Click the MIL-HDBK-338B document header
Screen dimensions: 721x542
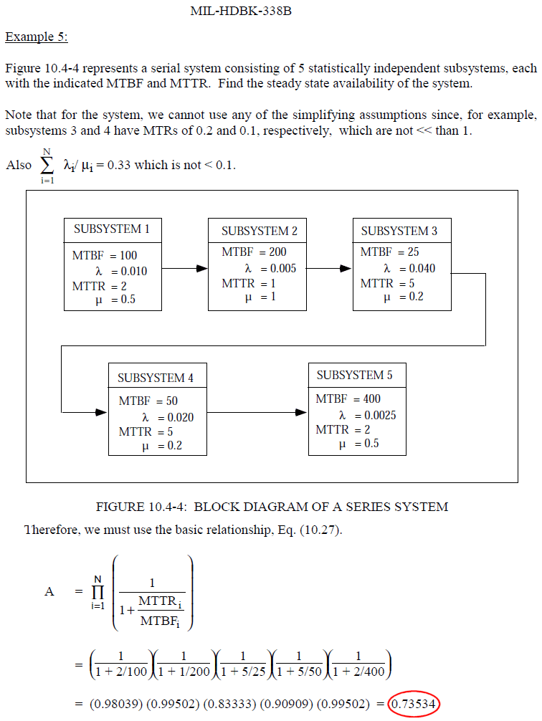pyautogui.click(x=241, y=11)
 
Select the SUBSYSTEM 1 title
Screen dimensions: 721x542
pyautogui.click(x=112, y=229)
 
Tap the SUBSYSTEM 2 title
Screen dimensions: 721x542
pyautogui.click(x=259, y=231)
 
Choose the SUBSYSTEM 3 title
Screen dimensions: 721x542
pyautogui.click(x=399, y=231)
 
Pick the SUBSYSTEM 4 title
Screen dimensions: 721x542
pyautogui.click(x=155, y=378)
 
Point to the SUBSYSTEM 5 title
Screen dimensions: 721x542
pyautogui.click(x=354, y=375)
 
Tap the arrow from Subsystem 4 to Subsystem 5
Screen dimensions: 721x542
pyautogui.click(x=254, y=412)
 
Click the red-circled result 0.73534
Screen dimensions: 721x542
pyautogui.click(x=414, y=703)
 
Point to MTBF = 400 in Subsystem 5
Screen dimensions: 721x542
pyautogui.click(x=348, y=398)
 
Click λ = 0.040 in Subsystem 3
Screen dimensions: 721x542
pyautogui.click(x=409, y=269)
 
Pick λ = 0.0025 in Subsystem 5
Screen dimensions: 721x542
pyautogui.click(x=367, y=415)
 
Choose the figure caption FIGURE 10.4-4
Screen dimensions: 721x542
pyautogui.click(x=272, y=507)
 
